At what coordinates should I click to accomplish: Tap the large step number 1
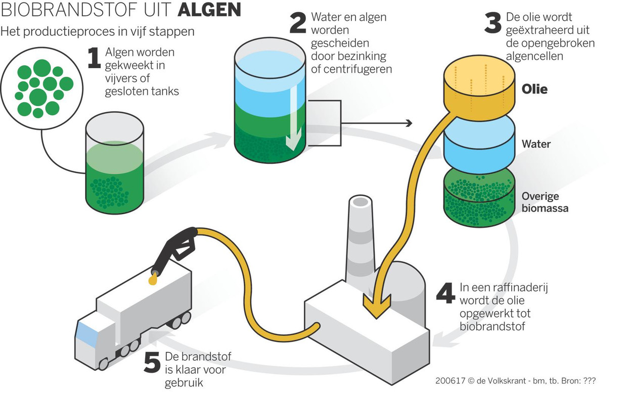[94, 59]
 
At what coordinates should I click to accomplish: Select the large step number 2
[297, 24]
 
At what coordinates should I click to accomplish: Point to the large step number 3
[492, 24]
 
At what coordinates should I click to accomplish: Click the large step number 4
[445, 294]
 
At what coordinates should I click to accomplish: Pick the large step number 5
[152, 363]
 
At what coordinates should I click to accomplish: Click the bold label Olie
[534, 89]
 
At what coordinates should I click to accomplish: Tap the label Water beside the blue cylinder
[536, 144]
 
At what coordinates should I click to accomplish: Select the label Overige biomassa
[545, 202]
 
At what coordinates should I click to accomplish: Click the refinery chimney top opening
[360, 202]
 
